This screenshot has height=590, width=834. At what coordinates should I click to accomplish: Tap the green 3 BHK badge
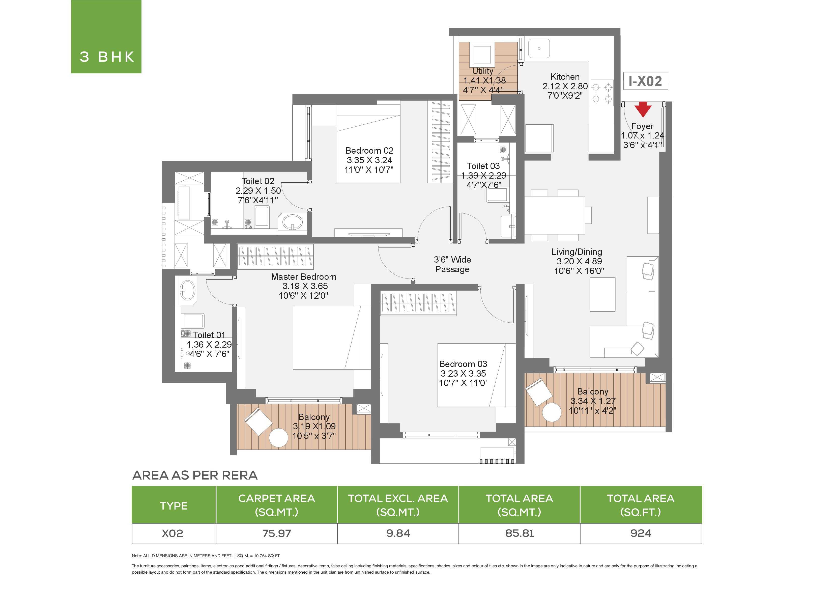tap(106, 37)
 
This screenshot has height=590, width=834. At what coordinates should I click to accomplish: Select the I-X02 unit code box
tap(645, 81)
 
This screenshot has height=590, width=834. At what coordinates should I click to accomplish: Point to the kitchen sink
tap(539, 48)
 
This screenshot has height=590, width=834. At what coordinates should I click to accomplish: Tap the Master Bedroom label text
tap(304, 277)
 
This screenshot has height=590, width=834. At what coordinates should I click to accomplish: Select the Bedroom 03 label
tap(463, 364)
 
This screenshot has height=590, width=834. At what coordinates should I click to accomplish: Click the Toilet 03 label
tap(483, 166)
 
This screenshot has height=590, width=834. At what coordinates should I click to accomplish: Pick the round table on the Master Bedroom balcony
tap(279, 438)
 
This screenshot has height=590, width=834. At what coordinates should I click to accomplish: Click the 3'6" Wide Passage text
tap(452, 265)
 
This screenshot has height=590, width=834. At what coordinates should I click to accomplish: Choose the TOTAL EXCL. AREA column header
tap(398, 505)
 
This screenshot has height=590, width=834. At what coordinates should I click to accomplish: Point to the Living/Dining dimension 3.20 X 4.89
tap(579, 261)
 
